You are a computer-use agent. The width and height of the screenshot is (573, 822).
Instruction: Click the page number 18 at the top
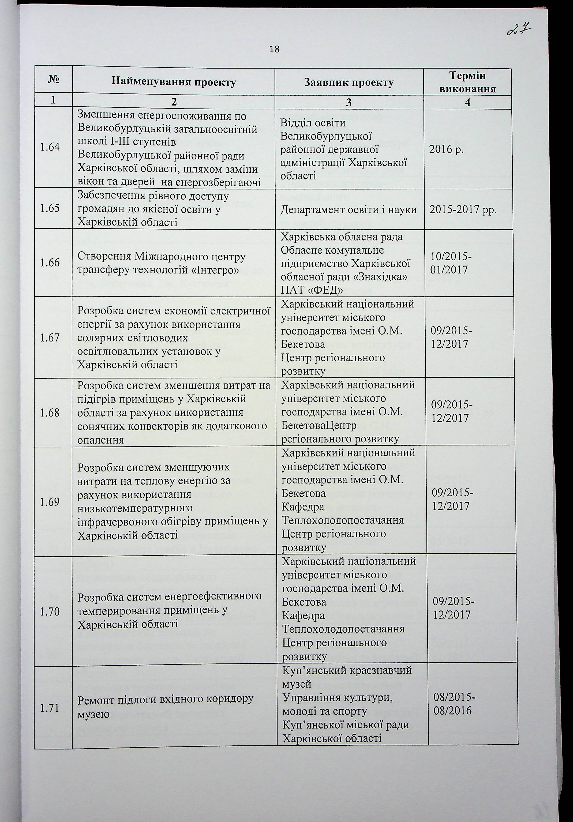pos(274,49)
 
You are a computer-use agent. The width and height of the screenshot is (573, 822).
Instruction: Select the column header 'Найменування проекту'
pos(174,82)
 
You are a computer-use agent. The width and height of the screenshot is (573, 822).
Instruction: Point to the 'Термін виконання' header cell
pos(467,82)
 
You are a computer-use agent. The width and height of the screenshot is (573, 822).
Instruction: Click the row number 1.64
pos(50,147)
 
